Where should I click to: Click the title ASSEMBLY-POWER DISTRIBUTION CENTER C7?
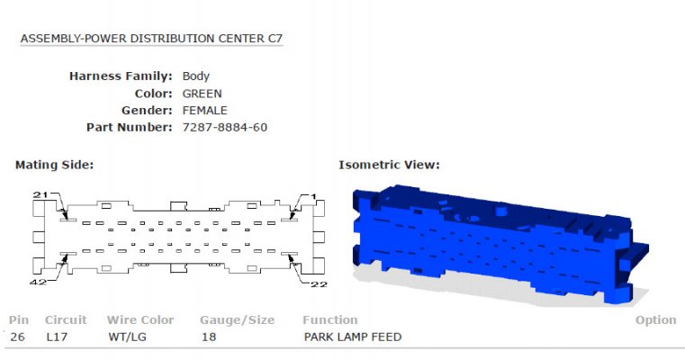[x=151, y=39]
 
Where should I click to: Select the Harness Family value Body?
[x=195, y=76]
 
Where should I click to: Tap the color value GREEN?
[x=202, y=94]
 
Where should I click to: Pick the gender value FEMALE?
[x=205, y=110]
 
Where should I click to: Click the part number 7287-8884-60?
[x=224, y=127]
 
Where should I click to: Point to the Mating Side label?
[x=55, y=165]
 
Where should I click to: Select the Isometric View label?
[x=389, y=165]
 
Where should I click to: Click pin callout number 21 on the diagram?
[x=41, y=194]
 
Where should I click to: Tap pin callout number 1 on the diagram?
[x=313, y=197]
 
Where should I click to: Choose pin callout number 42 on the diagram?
[x=38, y=283]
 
